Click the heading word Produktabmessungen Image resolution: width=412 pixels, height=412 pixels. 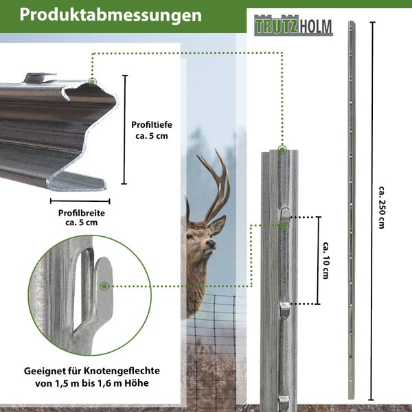pyautogui.click(x=115, y=15)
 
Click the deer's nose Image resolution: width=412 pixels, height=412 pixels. pyautogui.click(x=211, y=244)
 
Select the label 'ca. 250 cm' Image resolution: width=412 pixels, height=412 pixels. pyautogui.click(x=381, y=206)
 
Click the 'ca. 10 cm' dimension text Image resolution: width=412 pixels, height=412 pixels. pyautogui.click(x=328, y=259)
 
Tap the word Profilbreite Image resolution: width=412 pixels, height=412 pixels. pyautogui.click(x=81, y=213)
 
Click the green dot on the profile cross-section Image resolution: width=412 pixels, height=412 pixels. pyautogui.click(x=93, y=82)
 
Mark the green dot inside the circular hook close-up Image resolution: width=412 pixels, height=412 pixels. pyautogui.click(x=104, y=285)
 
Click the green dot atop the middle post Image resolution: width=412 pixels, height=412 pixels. pyautogui.click(x=282, y=148)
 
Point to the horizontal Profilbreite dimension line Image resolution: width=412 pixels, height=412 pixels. pyautogui.click(x=80, y=201)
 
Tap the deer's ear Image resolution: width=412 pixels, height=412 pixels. pyautogui.click(x=217, y=225)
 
